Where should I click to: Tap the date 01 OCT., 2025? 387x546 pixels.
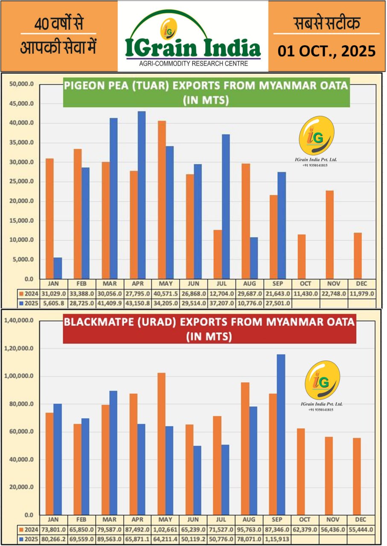point(326,51)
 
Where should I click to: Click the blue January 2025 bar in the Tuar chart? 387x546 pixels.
point(58,268)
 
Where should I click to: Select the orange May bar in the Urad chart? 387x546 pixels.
point(162,444)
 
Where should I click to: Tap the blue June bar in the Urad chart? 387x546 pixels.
point(197,480)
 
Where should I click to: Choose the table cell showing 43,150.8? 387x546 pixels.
point(138,303)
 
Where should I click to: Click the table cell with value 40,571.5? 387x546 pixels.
point(166,293)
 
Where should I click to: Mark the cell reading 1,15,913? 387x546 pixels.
point(278,540)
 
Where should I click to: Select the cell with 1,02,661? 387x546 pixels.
point(166,529)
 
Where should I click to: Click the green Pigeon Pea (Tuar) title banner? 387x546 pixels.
point(206,93)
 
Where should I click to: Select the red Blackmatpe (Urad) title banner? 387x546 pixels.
point(209,329)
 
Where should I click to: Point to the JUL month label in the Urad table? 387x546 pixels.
point(221,520)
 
